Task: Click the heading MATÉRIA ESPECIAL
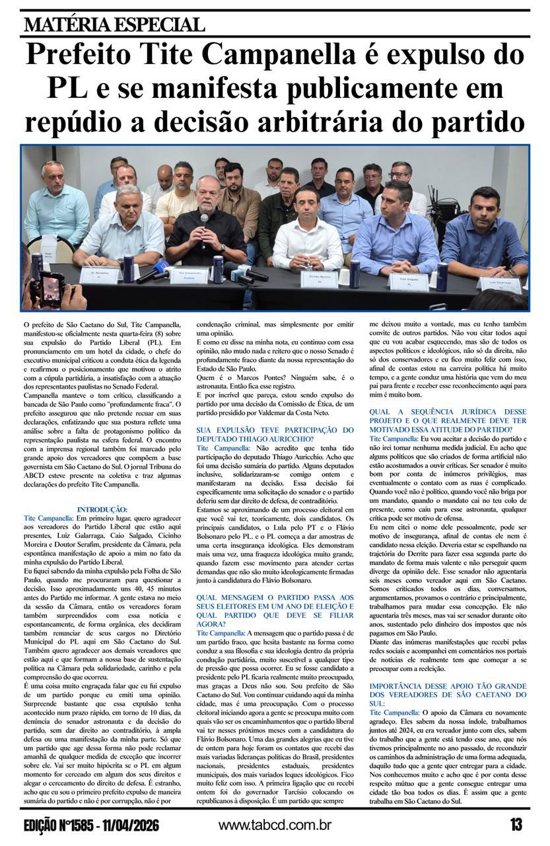tap(114, 25)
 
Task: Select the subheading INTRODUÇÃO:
tap(102, 509)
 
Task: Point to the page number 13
tap(516, 824)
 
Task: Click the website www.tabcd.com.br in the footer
tap(275, 825)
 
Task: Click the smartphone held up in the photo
tap(50, 286)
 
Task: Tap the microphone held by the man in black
tap(204, 219)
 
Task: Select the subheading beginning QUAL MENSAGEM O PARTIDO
tap(274, 609)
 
